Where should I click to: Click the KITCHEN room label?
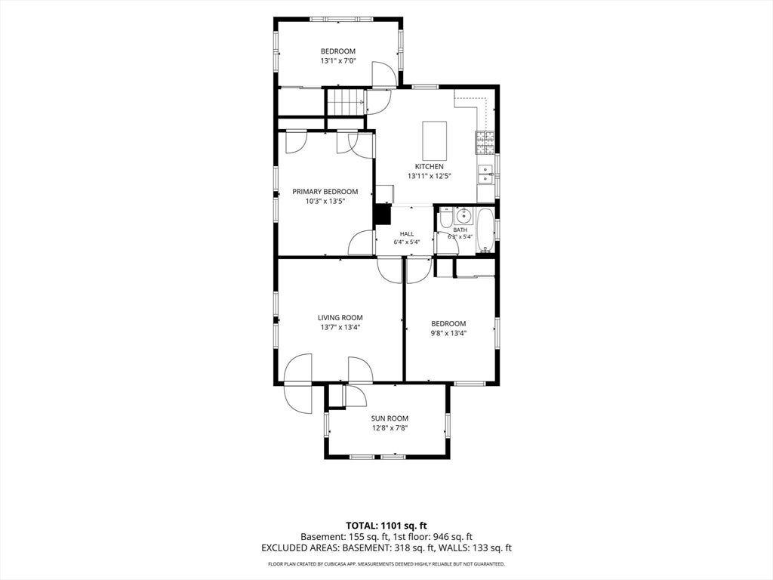pos(429,167)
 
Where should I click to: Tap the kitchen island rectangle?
pos(435,139)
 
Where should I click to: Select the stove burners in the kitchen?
pos(485,143)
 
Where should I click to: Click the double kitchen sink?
pos(486,174)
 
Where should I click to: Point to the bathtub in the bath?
pos(485,230)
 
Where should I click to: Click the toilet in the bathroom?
pos(445,218)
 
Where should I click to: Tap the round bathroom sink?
pos(463,216)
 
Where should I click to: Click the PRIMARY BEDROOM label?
pos(325,192)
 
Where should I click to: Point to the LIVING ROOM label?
pos(340,318)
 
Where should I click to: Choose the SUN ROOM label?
pos(390,418)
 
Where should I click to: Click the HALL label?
pos(407,234)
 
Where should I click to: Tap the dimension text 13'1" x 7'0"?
pos(338,60)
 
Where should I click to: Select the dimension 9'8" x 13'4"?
pos(448,333)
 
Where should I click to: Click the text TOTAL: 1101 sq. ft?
pos(386,526)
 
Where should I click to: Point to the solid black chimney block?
pos(383,214)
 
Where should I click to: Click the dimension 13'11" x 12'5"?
pos(430,176)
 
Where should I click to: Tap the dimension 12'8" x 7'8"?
pos(390,428)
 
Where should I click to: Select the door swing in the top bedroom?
pos(383,74)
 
